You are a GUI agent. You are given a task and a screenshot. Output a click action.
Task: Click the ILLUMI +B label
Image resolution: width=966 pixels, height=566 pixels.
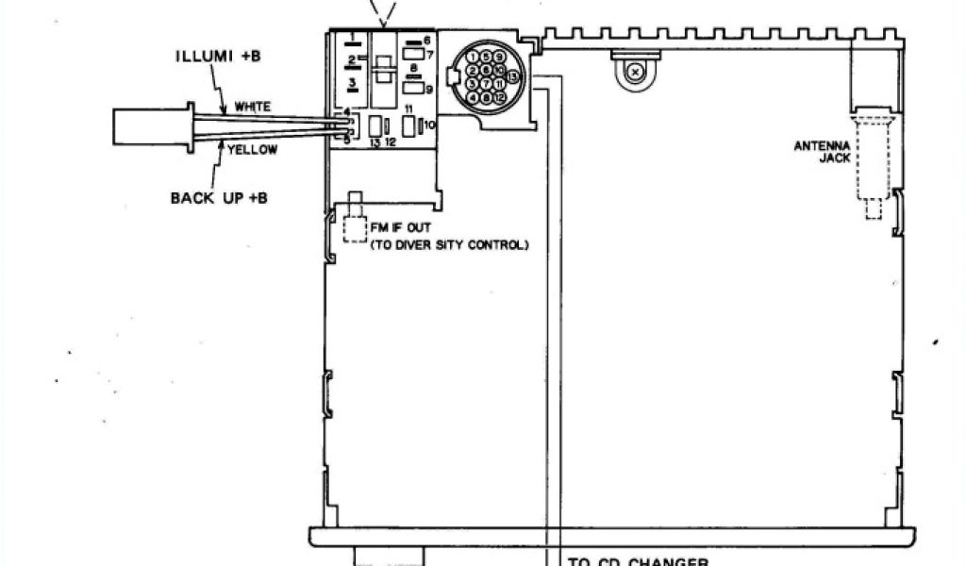coord(217,56)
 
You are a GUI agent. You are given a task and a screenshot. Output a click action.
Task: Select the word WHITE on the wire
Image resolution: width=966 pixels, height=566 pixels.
coord(252,107)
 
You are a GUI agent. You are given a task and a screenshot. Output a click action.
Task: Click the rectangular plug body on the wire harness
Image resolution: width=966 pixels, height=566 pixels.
coord(151,126)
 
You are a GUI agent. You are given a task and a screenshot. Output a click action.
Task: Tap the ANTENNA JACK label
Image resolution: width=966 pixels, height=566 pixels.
coord(822,152)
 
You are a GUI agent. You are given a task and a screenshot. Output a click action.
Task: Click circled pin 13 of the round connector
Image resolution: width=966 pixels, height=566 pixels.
coord(512,75)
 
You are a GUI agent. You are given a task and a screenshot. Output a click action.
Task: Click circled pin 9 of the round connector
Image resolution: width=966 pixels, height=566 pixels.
coord(499,57)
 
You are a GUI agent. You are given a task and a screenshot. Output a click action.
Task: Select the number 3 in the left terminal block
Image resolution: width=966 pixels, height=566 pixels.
coord(351,84)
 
